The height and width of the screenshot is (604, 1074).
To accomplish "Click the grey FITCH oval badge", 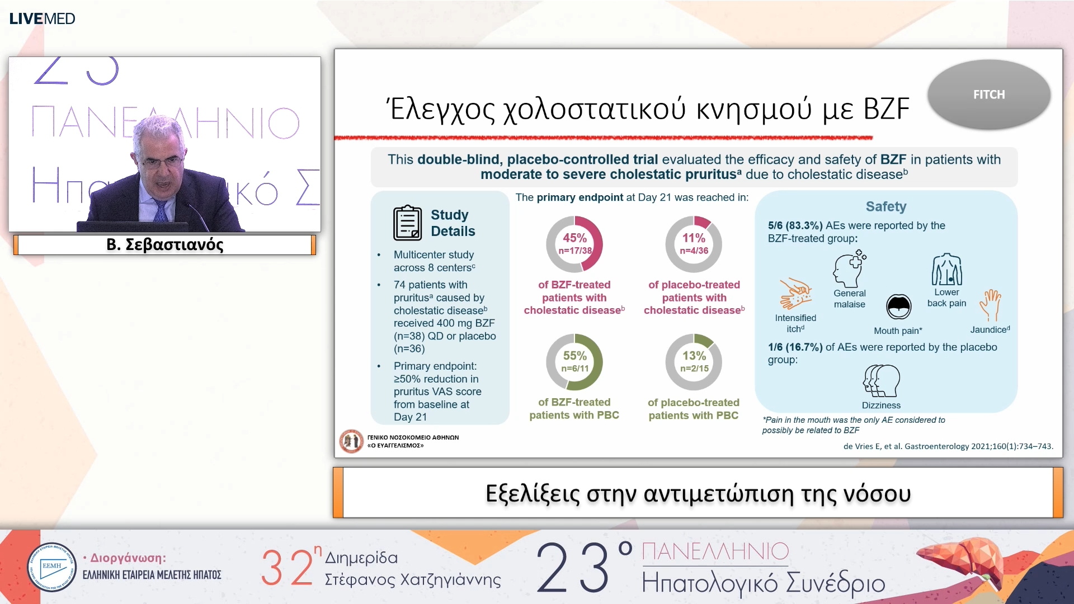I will coord(988,95).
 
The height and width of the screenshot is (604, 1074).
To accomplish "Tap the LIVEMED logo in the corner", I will coord(42,18).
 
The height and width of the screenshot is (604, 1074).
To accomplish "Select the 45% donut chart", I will coord(574,244).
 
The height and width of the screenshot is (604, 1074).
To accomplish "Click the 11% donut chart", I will coord(694,244).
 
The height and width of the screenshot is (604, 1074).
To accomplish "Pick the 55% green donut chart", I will coord(574,362).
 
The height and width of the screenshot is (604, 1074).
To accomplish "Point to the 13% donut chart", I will coord(694,362).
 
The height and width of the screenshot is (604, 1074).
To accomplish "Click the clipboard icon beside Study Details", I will coord(407,223).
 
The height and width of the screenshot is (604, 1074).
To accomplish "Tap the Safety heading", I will coord(886,206).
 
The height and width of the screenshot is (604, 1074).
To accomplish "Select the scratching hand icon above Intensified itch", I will coord(795,294).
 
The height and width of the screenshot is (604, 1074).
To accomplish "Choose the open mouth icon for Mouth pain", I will coord(898,306).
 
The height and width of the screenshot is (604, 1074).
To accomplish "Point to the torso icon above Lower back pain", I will coord(946,270).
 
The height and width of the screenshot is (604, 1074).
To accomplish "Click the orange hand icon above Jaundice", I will coord(990,305).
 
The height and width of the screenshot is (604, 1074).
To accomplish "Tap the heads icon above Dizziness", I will coord(881,381).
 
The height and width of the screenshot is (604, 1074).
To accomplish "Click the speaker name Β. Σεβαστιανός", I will coord(165,245).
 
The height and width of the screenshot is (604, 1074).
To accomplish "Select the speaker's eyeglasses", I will coord(162,163).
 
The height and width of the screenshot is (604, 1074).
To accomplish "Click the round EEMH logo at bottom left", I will coord(51,567).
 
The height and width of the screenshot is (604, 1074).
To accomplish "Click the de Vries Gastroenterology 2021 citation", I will coord(948,446).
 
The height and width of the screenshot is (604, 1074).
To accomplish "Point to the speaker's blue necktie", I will coord(161,210).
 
